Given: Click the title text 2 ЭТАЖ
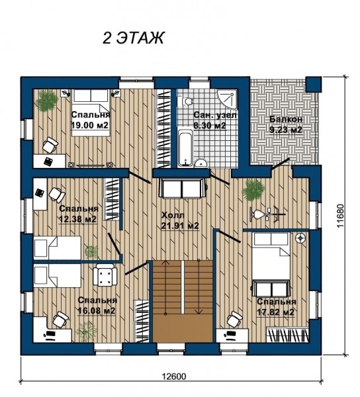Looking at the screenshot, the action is (134, 38).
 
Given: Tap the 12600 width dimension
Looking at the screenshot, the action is (173, 376).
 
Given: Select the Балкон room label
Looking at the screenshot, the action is (286, 119).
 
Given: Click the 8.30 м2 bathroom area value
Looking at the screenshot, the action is (210, 125).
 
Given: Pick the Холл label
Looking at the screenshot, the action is (173, 216).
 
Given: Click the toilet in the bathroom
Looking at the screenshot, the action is (187, 102).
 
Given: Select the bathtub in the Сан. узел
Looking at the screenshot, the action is (185, 148).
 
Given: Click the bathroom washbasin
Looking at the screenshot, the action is (201, 163).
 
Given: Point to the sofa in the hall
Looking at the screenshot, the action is (183, 189).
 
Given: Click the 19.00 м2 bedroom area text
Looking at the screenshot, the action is (89, 125).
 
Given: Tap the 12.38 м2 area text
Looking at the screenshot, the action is (77, 219).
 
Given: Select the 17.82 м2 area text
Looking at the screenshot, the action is (275, 312).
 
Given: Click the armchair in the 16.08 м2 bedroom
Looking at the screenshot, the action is (105, 275).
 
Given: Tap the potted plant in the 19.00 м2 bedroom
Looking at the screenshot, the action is (46, 101).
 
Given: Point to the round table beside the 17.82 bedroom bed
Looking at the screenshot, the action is (300, 238).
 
